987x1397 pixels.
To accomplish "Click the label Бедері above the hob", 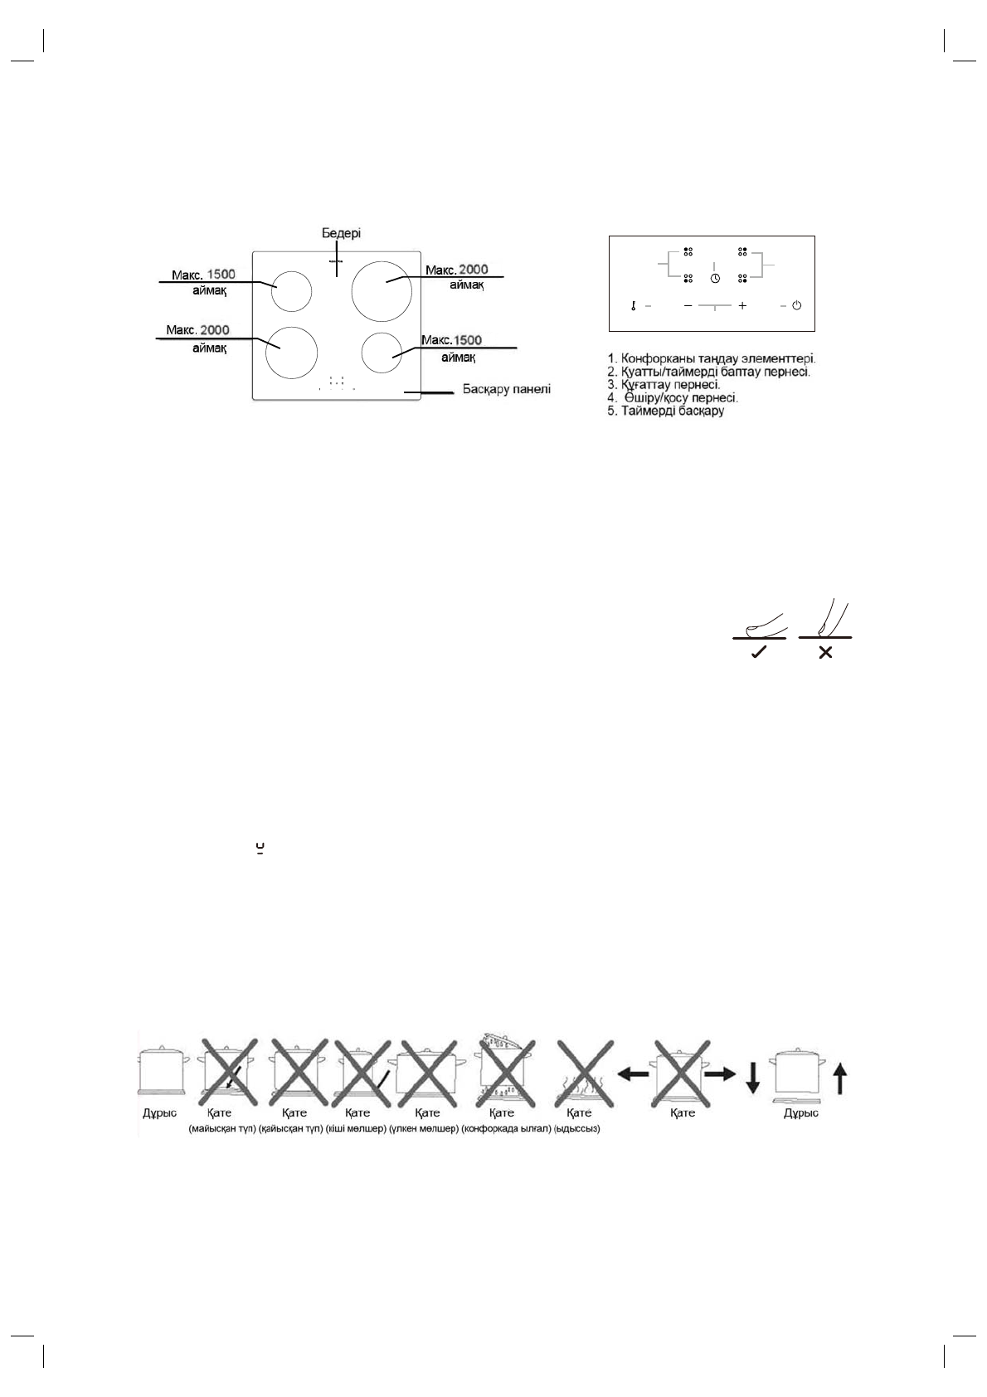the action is (341, 234).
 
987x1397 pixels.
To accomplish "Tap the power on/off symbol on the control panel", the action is (796, 305).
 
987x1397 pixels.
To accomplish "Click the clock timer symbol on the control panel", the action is (715, 279).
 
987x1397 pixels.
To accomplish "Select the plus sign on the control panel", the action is (742, 305).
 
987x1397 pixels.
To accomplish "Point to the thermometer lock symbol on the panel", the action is (633, 305).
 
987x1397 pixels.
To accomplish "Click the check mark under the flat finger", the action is (758, 653).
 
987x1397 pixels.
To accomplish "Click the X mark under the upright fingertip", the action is (825, 653).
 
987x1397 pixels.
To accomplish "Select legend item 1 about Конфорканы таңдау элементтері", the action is (712, 358).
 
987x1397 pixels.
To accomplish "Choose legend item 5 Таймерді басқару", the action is (666, 411).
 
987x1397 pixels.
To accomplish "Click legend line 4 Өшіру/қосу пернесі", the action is (673, 398).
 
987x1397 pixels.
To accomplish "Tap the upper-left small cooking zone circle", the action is (291, 291).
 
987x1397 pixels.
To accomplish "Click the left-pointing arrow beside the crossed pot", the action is (634, 1073).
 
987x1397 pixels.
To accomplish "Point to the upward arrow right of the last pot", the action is (839, 1080).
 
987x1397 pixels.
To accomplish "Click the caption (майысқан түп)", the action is (222, 1129).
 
